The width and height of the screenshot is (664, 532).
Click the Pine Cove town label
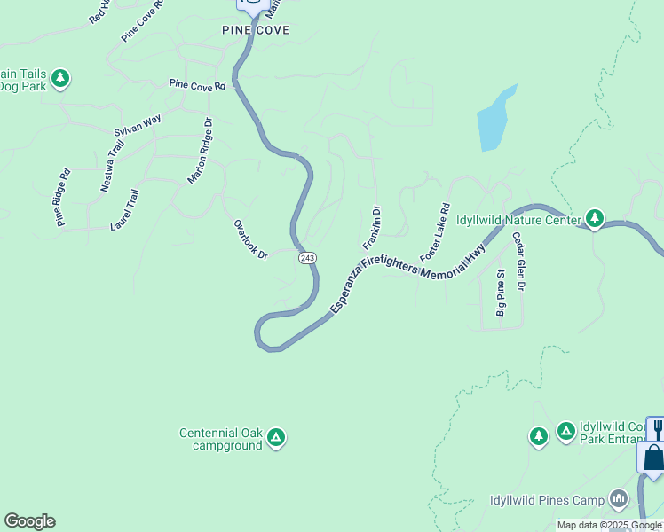click(256, 29)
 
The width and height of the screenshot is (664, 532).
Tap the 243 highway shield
click(307, 257)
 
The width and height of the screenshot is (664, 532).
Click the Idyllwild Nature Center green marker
click(594, 218)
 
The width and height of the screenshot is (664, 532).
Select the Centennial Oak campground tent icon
click(276, 436)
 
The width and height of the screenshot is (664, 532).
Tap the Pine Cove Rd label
click(198, 86)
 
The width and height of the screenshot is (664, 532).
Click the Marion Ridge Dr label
click(200, 151)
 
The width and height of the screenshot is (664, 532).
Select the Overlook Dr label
click(250, 239)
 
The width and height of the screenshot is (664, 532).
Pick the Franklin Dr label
click(371, 228)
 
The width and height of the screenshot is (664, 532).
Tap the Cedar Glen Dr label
click(518, 262)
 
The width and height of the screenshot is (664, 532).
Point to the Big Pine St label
click(501, 293)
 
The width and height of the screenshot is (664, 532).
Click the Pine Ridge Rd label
click(61, 198)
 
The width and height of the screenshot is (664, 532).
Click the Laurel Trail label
click(124, 209)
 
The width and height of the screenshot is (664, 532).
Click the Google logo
click(29, 521)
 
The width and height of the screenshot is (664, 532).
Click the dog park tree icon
click(60, 79)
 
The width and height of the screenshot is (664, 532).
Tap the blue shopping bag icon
click(653, 458)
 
